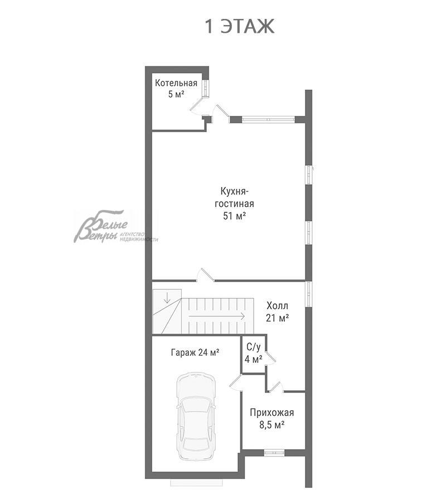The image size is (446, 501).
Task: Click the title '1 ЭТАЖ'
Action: [x=239, y=26]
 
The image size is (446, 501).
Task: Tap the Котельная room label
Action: [x=176, y=83]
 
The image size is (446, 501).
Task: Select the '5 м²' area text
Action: [x=176, y=94]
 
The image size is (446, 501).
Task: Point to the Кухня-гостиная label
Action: [x=235, y=198]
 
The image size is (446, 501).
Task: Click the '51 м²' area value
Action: [x=235, y=216]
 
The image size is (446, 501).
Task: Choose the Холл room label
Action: [x=278, y=306]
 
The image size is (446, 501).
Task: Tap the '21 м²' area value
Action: [x=278, y=318]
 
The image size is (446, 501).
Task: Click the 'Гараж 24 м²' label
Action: [x=195, y=352]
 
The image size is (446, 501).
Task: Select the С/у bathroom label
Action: [x=254, y=347]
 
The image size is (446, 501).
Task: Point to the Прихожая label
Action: [x=272, y=412]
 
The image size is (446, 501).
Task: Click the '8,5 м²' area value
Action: [x=272, y=425]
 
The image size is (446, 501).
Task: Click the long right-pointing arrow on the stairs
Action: [x=217, y=316]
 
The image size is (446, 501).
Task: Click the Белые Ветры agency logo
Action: [x=116, y=227]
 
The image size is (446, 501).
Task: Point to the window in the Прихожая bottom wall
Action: [x=274, y=453]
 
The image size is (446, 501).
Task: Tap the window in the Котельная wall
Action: [x=205, y=87]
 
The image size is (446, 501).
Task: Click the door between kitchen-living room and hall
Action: [x=205, y=276]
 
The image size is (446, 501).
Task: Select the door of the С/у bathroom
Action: [x=270, y=358]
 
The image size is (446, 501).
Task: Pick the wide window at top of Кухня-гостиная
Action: [x=268, y=120]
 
